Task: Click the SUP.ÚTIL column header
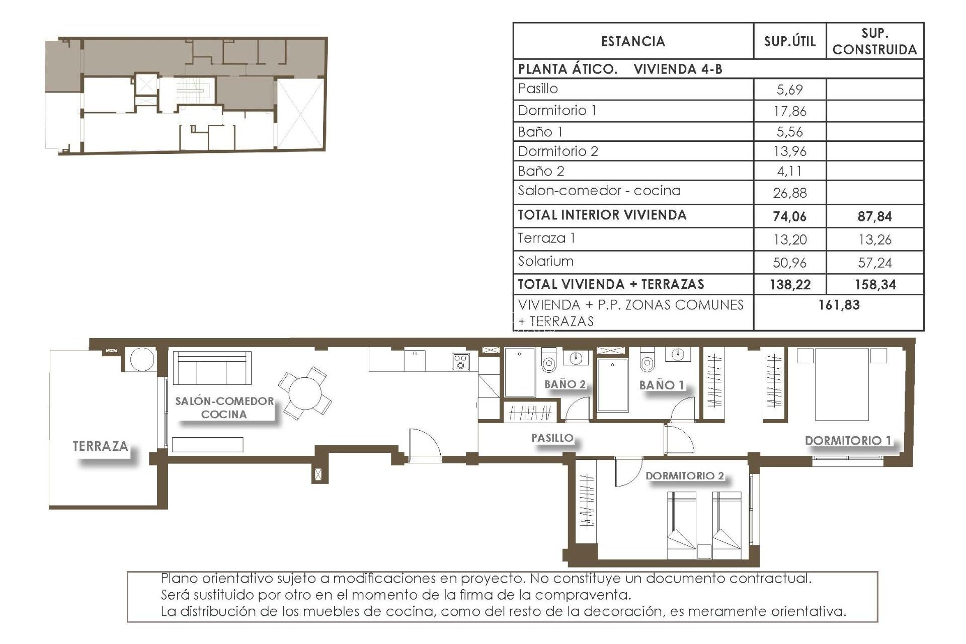(x=789, y=41)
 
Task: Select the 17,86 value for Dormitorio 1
(x=789, y=111)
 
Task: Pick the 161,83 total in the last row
(x=839, y=305)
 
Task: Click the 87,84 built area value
(x=874, y=217)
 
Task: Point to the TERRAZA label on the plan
(x=100, y=446)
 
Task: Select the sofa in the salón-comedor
(x=212, y=368)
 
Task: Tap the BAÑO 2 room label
(x=565, y=384)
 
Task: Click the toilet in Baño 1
(x=647, y=361)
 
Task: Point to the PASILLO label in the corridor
(x=552, y=438)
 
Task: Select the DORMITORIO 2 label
(x=684, y=476)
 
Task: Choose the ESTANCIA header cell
(x=633, y=41)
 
